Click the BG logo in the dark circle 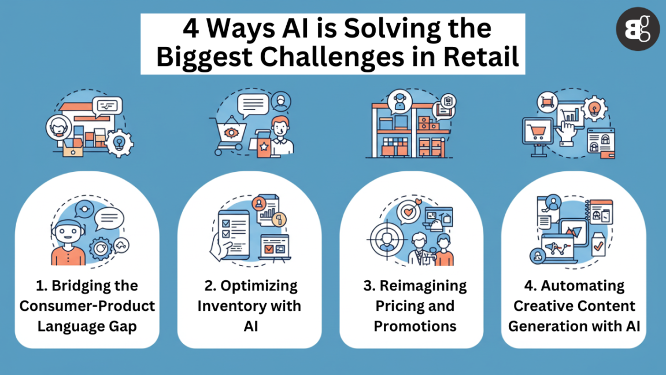pos(637,29)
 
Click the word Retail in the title pos(484,58)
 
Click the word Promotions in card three pos(415,326)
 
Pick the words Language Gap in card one pos(87,326)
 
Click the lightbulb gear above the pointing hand pos(595,109)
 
